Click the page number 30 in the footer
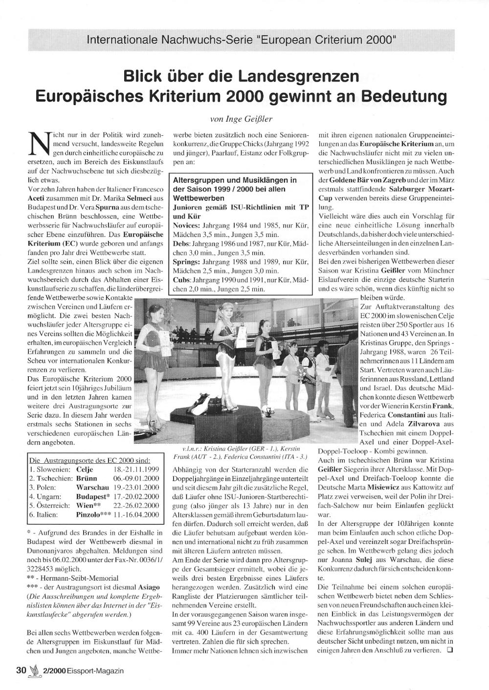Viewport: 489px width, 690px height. click(x=20, y=670)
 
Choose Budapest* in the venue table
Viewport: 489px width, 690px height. click(x=93, y=496)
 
